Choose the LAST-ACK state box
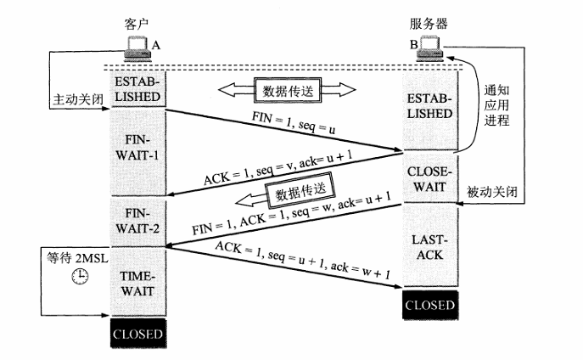click(x=429, y=247)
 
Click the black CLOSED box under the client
click(x=136, y=333)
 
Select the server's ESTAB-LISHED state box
click(x=429, y=106)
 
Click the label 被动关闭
click(x=491, y=192)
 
